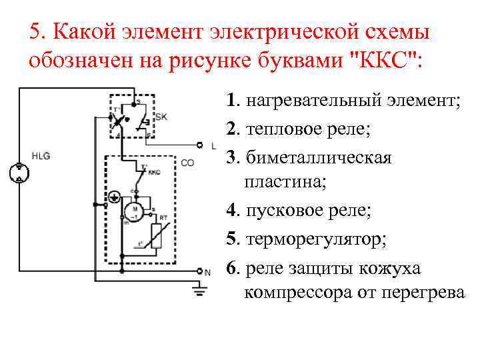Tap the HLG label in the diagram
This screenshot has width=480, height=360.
tap(41, 156)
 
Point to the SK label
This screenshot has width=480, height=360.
tap(161, 117)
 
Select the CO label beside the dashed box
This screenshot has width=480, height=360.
tap(187, 162)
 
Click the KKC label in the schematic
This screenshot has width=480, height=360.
tap(154, 172)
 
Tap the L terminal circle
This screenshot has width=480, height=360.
tap(199, 145)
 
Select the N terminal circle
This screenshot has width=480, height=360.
tap(199, 271)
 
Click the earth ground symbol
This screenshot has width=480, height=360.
tap(198, 289)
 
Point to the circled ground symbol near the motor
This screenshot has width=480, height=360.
tap(114, 197)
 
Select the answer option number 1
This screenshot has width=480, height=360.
tap(231, 101)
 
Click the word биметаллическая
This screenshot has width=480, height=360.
tap(319, 157)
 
